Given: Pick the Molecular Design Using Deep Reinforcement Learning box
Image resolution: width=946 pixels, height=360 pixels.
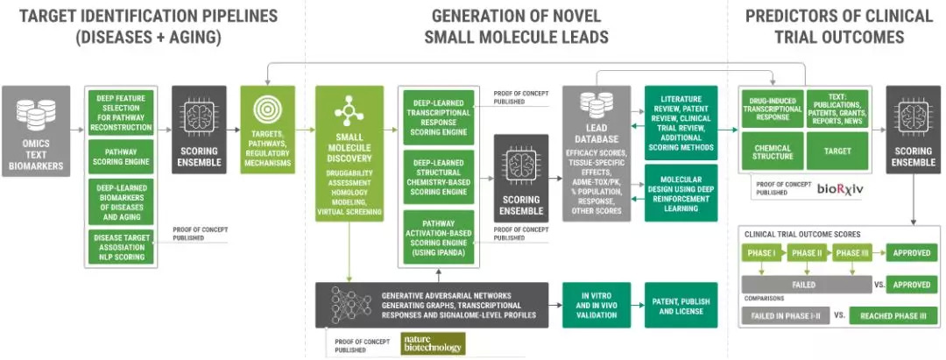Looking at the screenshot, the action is point(681,188).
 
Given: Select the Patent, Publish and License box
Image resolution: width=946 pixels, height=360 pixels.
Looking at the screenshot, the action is point(681,304).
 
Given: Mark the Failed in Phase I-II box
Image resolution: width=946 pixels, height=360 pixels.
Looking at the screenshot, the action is point(780,315).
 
